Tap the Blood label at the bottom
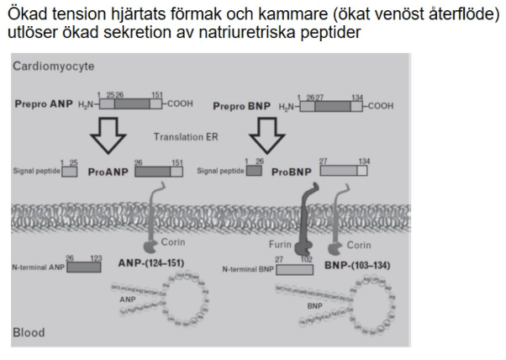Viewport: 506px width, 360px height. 30,333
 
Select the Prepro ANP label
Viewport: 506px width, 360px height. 44,107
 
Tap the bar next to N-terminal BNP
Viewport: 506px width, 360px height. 294,269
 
